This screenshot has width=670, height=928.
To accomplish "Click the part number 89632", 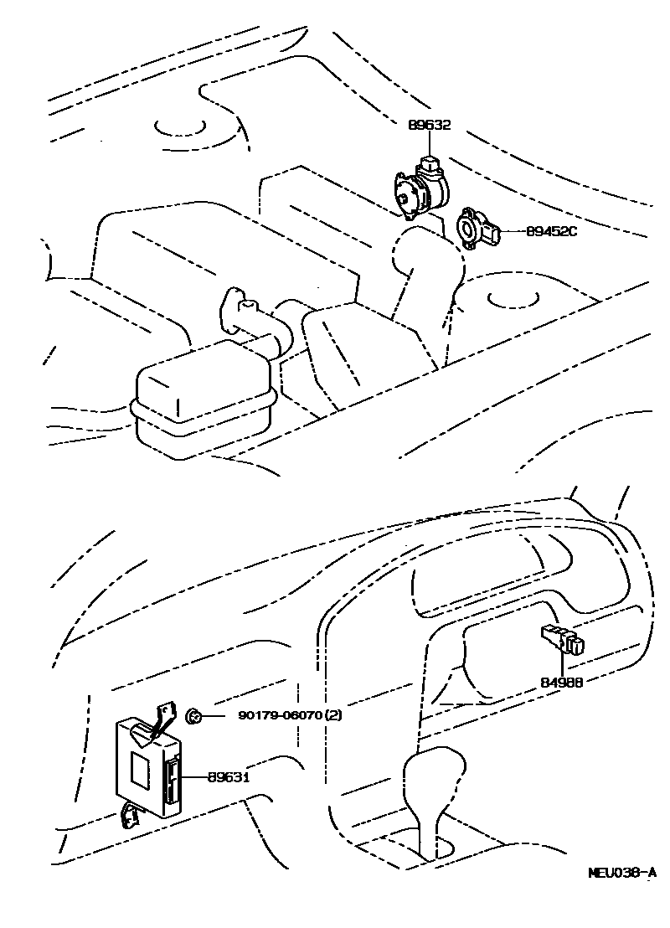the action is (430, 126).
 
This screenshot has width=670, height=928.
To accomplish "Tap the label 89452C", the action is (552, 231).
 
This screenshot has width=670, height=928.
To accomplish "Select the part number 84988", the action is (560, 682).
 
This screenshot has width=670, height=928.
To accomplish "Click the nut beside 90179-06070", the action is (192, 715).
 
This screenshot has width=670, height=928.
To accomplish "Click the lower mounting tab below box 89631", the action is (131, 813).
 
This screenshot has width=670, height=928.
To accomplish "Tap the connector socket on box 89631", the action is (173, 779).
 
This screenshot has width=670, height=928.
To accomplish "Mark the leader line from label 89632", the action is (430, 144).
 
